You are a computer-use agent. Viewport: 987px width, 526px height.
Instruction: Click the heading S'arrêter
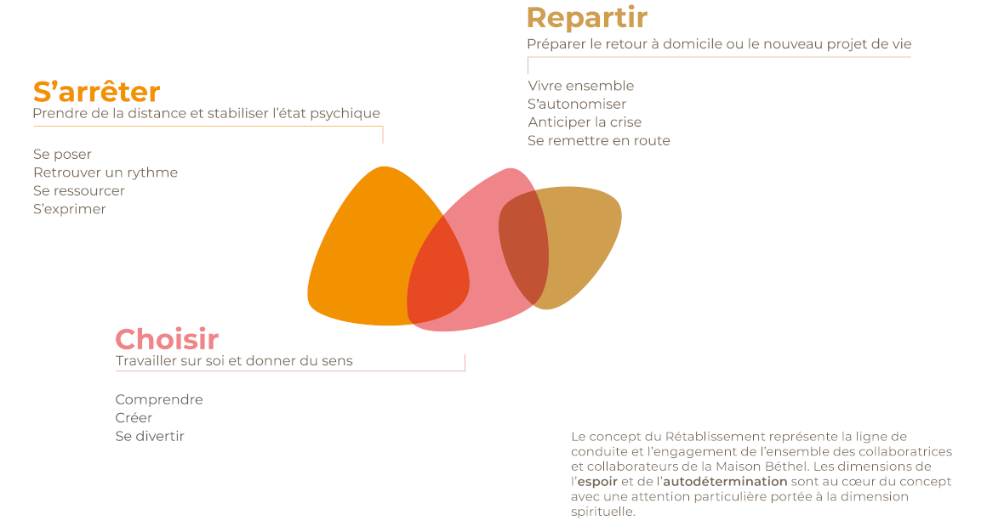[96, 92]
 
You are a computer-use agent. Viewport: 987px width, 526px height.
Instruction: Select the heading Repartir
[586, 19]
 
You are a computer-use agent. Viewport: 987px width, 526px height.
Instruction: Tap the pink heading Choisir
[167, 339]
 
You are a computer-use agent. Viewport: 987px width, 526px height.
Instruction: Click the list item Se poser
[62, 155]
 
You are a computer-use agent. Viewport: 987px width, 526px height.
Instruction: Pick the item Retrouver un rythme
[106, 173]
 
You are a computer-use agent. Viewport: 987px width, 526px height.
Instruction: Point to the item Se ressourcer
[78, 191]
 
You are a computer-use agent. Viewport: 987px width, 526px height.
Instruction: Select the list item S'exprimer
[69, 209]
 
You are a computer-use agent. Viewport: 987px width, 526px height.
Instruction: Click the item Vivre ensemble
[581, 86]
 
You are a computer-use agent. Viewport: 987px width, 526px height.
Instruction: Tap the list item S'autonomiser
[577, 105]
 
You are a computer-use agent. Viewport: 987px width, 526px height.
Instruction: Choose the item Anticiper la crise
[585, 122]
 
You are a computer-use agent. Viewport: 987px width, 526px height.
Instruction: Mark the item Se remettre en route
[599, 141]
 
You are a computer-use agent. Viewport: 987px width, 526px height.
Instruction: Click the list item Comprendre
[159, 400]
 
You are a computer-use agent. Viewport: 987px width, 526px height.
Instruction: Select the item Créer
[134, 418]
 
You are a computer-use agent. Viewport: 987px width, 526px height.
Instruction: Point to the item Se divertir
[150, 436]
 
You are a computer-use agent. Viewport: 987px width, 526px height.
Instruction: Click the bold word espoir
[597, 482]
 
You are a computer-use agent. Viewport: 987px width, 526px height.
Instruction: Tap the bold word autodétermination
[725, 481]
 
